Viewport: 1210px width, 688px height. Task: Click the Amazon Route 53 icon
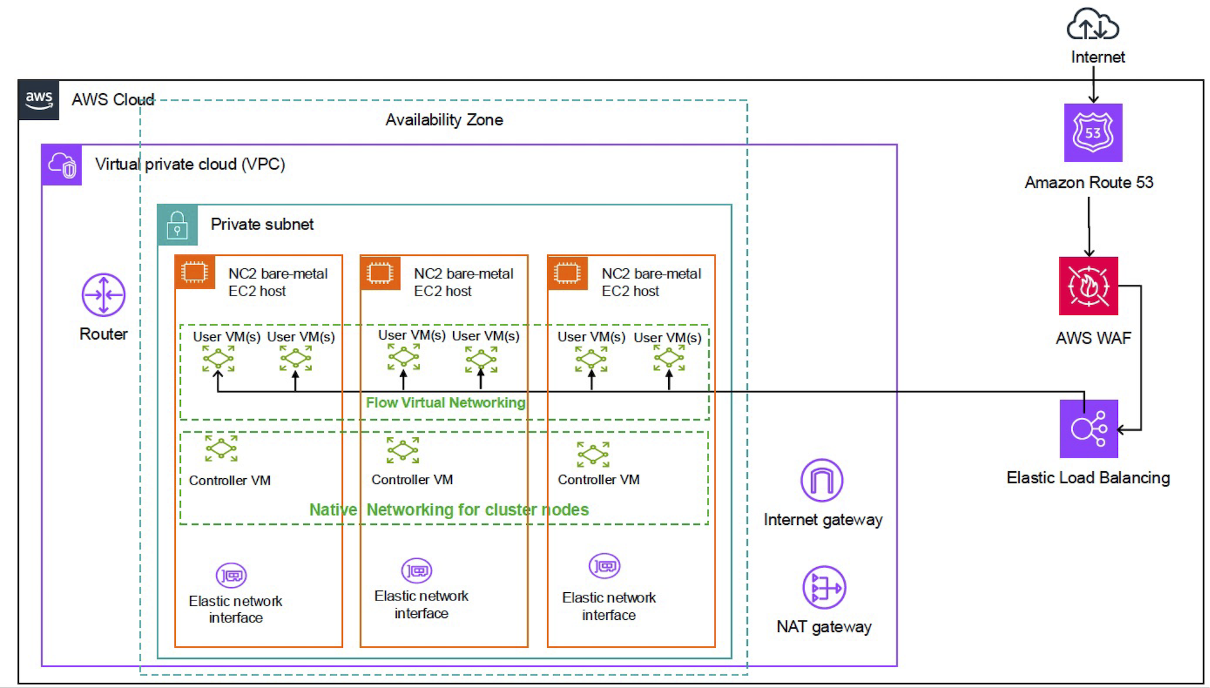(x=1093, y=133)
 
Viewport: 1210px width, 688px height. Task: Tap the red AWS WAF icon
(x=1088, y=286)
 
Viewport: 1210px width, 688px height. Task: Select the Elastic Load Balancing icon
(x=1088, y=429)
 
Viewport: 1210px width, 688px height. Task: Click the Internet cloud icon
(x=1092, y=25)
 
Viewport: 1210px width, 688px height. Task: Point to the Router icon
(x=103, y=295)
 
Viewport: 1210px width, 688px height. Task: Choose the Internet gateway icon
(x=822, y=480)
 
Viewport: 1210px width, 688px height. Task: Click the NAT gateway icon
(x=824, y=587)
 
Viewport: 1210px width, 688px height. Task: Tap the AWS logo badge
(x=39, y=100)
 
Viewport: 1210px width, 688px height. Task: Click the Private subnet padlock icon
(x=177, y=225)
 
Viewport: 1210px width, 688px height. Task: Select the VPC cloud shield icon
(x=62, y=165)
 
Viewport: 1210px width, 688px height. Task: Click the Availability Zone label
(x=444, y=120)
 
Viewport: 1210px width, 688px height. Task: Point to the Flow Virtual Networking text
(x=446, y=403)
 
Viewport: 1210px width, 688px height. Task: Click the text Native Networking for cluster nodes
(x=449, y=510)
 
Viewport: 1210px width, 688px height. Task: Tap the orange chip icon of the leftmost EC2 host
(x=194, y=272)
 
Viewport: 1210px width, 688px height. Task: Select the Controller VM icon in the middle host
(x=403, y=450)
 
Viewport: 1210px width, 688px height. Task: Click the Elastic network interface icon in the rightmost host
(x=604, y=566)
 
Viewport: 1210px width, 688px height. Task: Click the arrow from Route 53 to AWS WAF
(x=1089, y=227)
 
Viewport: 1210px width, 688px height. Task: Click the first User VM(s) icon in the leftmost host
(x=218, y=359)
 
